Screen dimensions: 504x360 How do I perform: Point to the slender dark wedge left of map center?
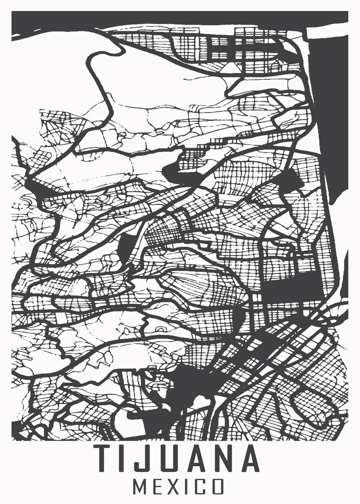[124, 246]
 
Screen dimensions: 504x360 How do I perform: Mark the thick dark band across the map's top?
[168, 19]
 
